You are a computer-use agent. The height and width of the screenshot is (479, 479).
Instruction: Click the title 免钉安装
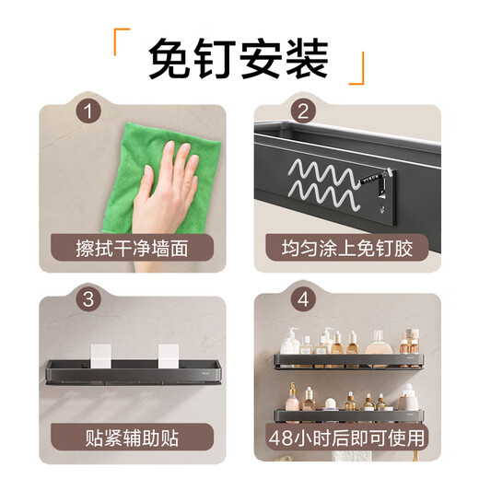click(239, 59)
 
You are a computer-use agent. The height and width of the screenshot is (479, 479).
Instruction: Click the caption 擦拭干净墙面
click(131, 247)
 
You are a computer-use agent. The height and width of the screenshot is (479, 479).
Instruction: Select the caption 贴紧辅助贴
click(131, 434)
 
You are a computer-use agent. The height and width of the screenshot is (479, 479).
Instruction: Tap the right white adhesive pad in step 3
click(171, 355)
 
